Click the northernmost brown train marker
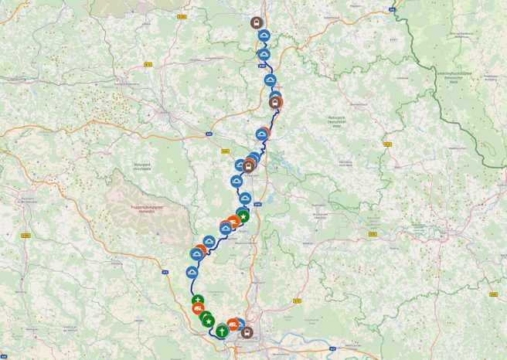(x=257, y=22)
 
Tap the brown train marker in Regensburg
(x=247, y=333)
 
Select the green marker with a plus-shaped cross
(x=199, y=299)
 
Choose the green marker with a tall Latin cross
(x=222, y=331)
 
